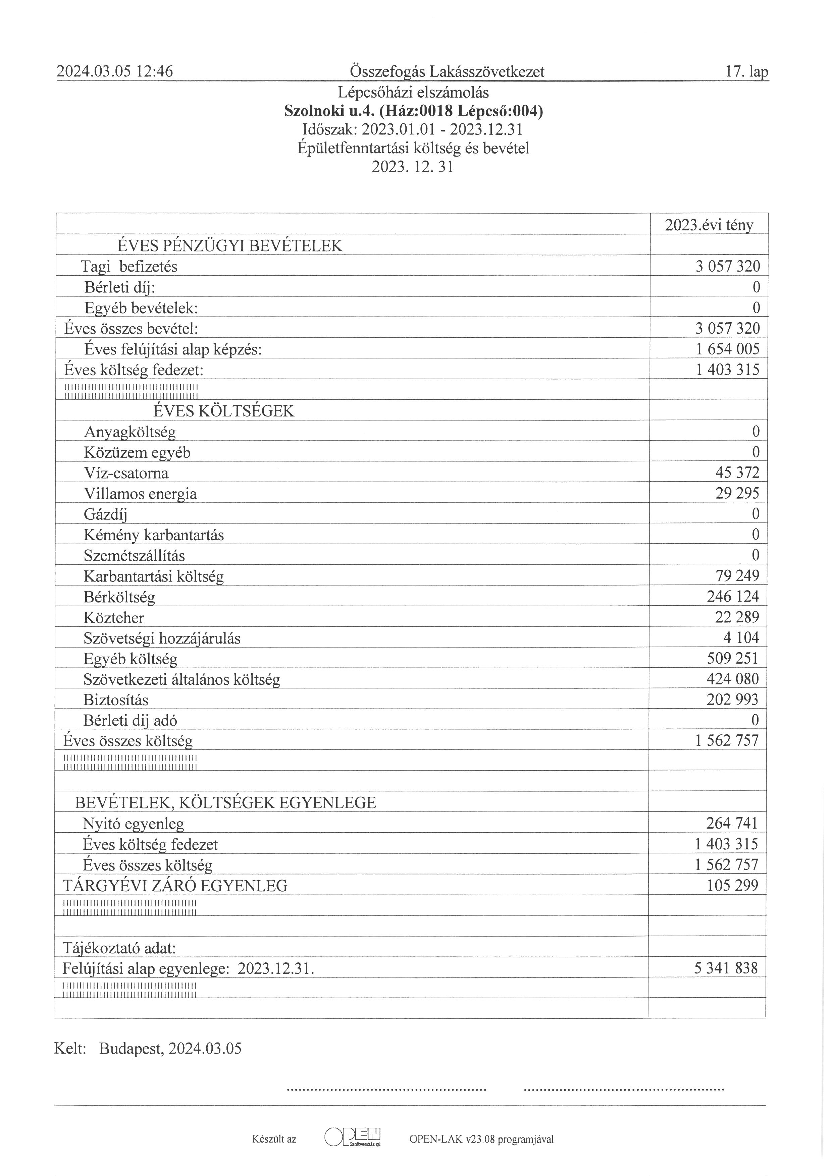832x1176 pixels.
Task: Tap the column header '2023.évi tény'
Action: pos(709,225)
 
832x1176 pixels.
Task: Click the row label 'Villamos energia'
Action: pos(140,494)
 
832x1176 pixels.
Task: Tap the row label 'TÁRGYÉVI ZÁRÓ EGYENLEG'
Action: pos(175,886)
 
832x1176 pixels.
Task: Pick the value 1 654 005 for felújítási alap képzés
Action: pos(727,349)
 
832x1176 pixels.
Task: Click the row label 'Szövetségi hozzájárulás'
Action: pos(162,638)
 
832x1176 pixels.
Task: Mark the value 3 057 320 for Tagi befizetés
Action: pos(727,266)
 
